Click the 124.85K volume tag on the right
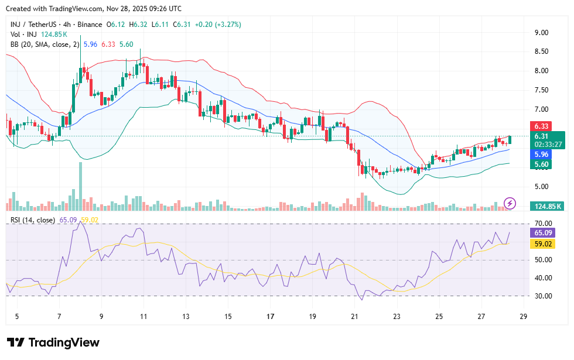pos(546,206)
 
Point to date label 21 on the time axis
pos(354,317)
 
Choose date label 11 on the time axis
pos(143,317)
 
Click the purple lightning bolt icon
pos(510,203)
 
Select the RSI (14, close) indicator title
pos(33,220)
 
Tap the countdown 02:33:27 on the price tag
pos(548,144)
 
